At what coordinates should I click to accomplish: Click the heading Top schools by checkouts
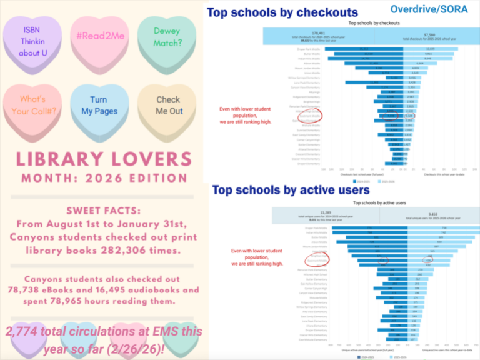pos(282,12)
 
